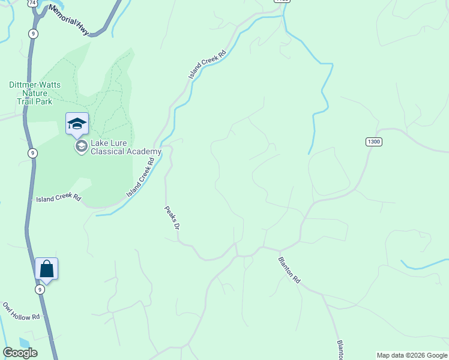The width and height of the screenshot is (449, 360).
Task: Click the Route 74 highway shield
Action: tap(32, 3)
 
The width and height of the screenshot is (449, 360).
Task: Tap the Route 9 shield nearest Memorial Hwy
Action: tap(33, 34)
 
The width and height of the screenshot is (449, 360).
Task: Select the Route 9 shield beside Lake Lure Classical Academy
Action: tap(32, 153)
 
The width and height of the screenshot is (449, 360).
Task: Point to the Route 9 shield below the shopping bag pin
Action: tap(40, 289)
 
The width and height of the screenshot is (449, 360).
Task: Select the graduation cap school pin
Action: tap(77, 124)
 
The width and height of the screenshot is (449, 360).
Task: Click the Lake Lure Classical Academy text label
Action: tap(125, 148)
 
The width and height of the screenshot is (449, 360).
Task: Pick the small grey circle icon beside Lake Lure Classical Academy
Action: tap(80, 146)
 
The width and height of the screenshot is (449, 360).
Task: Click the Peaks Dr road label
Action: tap(172, 218)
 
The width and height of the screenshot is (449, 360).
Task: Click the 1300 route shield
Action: tap(373, 142)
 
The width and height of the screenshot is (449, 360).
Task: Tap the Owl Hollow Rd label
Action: tap(21, 311)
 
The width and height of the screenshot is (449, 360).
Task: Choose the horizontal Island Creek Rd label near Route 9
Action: tap(58, 198)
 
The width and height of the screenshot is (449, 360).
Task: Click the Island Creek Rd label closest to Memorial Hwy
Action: tap(207, 64)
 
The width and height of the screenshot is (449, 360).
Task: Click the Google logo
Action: tap(20, 353)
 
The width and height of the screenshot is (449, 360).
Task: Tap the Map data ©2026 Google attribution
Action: tap(412, 355)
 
